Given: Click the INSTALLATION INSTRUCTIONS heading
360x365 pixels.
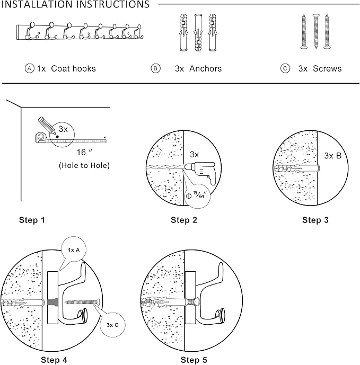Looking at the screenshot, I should point(75,5).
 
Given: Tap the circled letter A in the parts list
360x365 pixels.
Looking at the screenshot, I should point(30,68).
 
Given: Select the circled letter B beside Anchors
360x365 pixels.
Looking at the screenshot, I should point(155,68).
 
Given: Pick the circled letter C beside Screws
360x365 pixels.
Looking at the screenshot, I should point(286,68).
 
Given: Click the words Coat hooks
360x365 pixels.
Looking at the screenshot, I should point(73,68).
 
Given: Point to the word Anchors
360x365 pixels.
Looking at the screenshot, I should point(205,68).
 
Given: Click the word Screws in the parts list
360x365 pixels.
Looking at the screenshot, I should point(327,68).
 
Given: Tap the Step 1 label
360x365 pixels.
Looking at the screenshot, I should point(36,220).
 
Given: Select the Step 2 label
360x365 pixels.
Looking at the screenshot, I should point(184,220).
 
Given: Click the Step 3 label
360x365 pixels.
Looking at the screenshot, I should point(315,220).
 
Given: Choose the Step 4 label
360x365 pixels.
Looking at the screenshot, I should point(54,360).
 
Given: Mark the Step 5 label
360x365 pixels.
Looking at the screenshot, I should point(194,360).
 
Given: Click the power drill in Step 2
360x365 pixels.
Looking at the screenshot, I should point(202,170).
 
